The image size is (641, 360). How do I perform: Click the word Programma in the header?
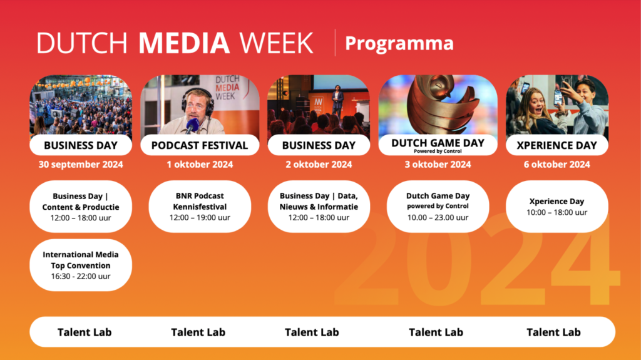pos(399,43)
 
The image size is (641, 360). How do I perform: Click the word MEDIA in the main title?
pos(184,43)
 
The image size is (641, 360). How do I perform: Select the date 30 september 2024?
pos(81,165)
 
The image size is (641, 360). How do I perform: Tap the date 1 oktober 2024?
pos(200,165)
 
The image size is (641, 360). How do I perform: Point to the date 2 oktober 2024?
pos(319,165)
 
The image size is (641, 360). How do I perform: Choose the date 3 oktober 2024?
pos(438,165)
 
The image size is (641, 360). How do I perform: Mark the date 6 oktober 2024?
pos(556,165)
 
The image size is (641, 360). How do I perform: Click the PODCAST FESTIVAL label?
pos(200,145)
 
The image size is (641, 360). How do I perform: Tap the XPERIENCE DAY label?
pos(556,145)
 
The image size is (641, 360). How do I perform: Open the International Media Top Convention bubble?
pos(81,265)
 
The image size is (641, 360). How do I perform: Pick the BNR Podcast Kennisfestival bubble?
pos(200,207)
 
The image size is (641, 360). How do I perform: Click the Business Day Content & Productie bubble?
pos(81,207)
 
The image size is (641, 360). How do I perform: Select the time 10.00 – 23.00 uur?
pos(438,218)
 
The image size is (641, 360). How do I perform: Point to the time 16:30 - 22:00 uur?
pos(81,276)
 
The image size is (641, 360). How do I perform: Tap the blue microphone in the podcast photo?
pos(192,125)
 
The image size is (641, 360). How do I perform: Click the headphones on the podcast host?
pos(198,101)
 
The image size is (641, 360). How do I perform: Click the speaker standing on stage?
pos(337,103)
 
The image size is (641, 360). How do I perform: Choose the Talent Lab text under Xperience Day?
pos(553,332)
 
